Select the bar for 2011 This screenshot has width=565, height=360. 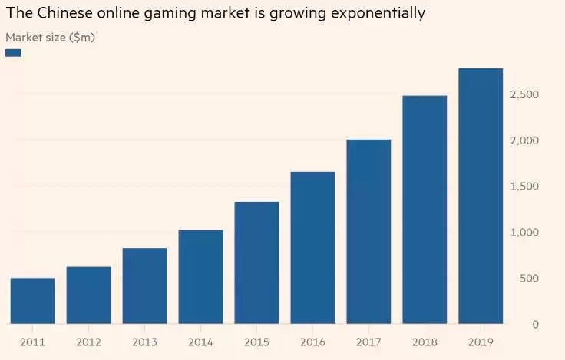(32, 301)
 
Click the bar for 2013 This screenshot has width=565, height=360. (144, 286)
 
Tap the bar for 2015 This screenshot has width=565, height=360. (256, 263)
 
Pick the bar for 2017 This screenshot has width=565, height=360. (368, 232)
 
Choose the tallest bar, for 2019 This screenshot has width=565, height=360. (481, 196)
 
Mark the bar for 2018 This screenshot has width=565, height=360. (425, 210)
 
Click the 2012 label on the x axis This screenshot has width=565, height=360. (88, 340)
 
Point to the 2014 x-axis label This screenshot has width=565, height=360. (200, 340)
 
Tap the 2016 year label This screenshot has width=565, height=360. (312, 340)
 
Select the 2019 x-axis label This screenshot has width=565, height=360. (481, 340)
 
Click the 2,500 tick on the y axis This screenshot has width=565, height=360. (524, 94)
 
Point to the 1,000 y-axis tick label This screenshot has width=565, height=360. (524, 233)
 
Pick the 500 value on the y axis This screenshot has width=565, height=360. (529, 279)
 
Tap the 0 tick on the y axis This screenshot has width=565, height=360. (534, 325)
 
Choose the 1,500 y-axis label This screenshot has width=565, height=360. (524, 187)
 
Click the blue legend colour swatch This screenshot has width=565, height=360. (13, 52)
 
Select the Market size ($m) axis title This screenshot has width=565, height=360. (51, 37)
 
